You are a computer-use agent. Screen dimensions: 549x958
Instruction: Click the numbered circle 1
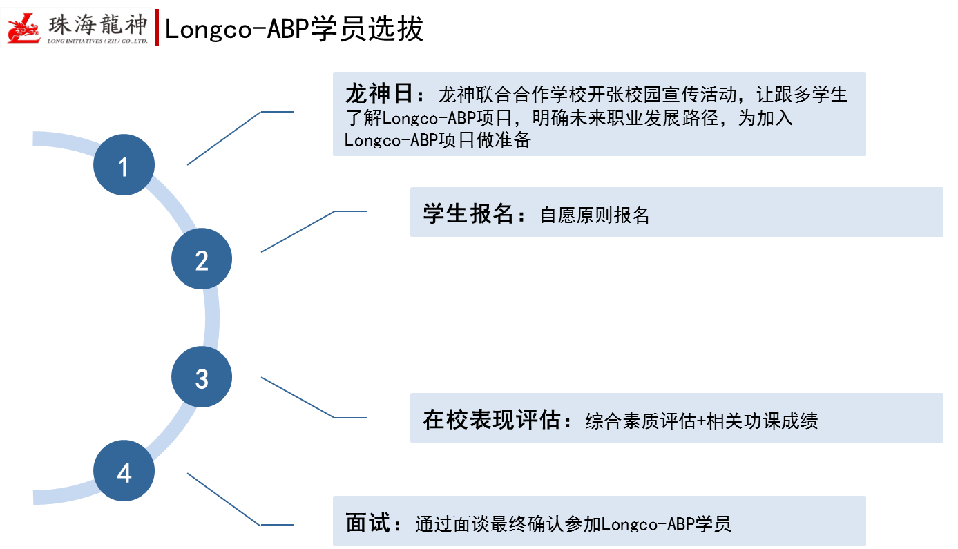124,165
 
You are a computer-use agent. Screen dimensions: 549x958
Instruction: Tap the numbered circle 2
202,259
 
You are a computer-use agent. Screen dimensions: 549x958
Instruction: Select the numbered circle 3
202,377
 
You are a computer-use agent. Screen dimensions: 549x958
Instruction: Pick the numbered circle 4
124,472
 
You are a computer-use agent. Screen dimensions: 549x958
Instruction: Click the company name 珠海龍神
98,26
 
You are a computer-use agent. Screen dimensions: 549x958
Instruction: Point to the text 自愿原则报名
595,215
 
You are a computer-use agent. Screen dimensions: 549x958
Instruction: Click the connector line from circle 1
224,137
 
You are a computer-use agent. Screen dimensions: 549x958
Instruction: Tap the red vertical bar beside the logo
157,28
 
